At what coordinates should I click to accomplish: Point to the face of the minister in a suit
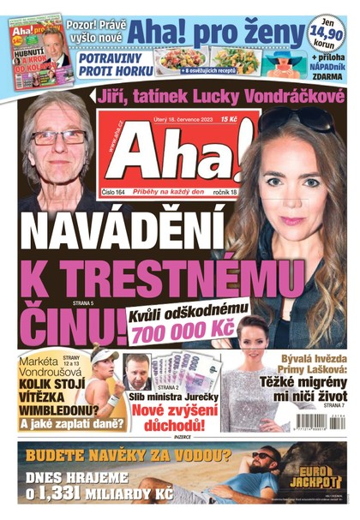tap(137, 369)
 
